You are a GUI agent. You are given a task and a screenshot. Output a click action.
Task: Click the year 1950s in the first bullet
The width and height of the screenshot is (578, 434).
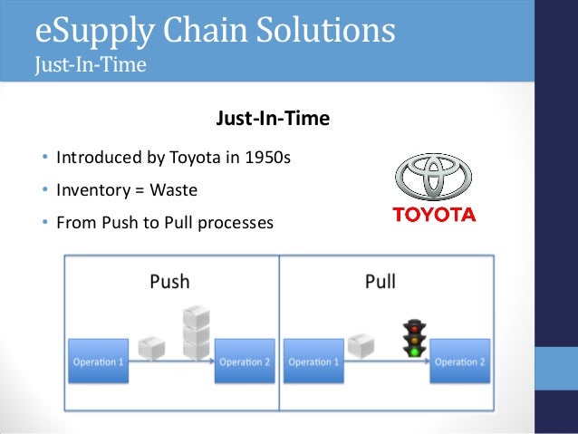pyautogui.click(x=267, y=159)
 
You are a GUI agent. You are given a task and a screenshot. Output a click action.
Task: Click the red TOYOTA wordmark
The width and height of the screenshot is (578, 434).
pyautogui.click(x=433, y=216)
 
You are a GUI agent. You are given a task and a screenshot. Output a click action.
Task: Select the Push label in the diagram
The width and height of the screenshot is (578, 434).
pyautogui.click(x=169, y=281)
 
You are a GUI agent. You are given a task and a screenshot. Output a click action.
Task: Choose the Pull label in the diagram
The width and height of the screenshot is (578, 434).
pyautogui.click(x=380, y=281)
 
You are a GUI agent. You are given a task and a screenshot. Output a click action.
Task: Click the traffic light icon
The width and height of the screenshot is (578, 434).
pyautogui.click(x=416, y=337)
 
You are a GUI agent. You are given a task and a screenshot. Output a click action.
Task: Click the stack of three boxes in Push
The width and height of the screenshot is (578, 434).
pyautogui.click(x=196, y=332)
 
